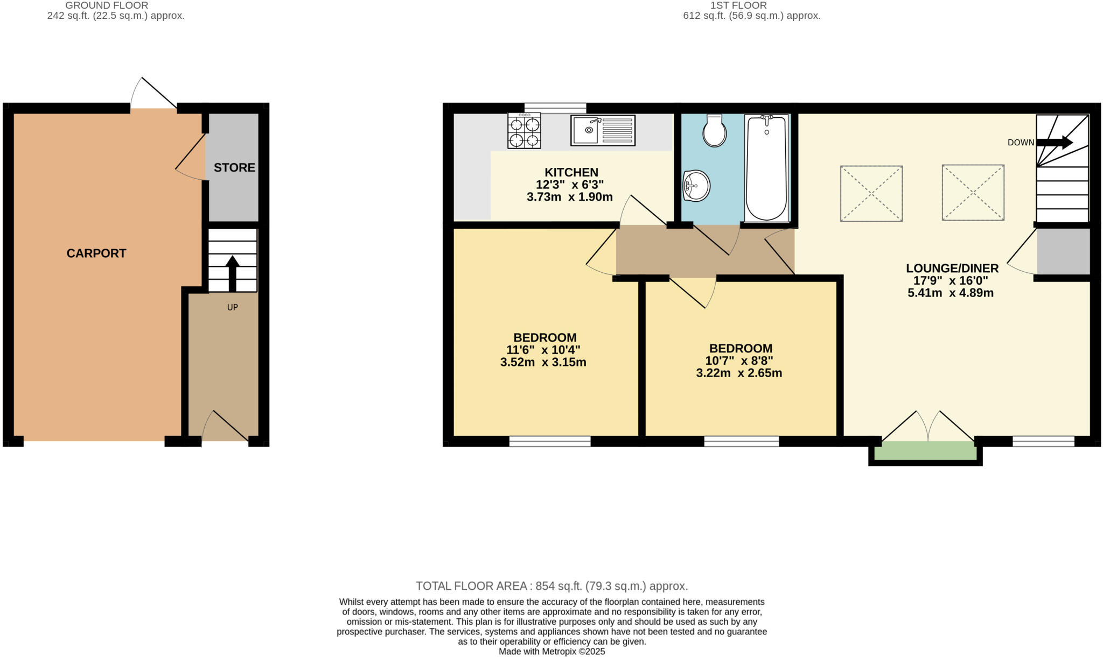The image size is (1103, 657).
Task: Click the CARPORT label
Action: tap(96, 253)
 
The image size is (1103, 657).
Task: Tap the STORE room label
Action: tap(234, 167)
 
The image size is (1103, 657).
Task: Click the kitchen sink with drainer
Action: tap(603, 130)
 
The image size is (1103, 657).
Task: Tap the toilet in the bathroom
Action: tap(715, 131)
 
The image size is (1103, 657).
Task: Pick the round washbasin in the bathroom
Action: tap(696, 186)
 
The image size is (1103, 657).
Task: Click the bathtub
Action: tap(766, 168)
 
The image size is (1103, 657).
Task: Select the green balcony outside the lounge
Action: tap(925, 451)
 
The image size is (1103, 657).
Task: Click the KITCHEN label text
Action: tap(571, 172)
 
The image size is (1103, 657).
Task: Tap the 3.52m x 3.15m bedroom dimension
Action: tap(543, 362)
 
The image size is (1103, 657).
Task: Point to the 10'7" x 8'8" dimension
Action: tap(739, 361)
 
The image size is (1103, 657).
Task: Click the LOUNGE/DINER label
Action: tap(952, 268)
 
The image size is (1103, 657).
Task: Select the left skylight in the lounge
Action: tap(871, 193)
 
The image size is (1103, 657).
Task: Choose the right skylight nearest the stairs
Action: tap(973, 193)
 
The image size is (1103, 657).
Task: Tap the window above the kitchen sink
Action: tap(555, 108)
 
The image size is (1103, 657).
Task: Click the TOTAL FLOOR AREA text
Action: tap(551, 586)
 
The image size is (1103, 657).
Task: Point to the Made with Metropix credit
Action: tap(551, 652)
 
